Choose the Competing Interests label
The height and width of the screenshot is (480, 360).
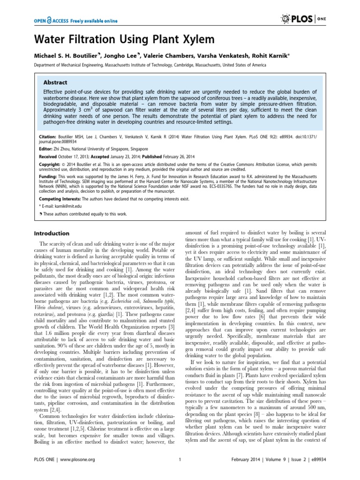[58, 199]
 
